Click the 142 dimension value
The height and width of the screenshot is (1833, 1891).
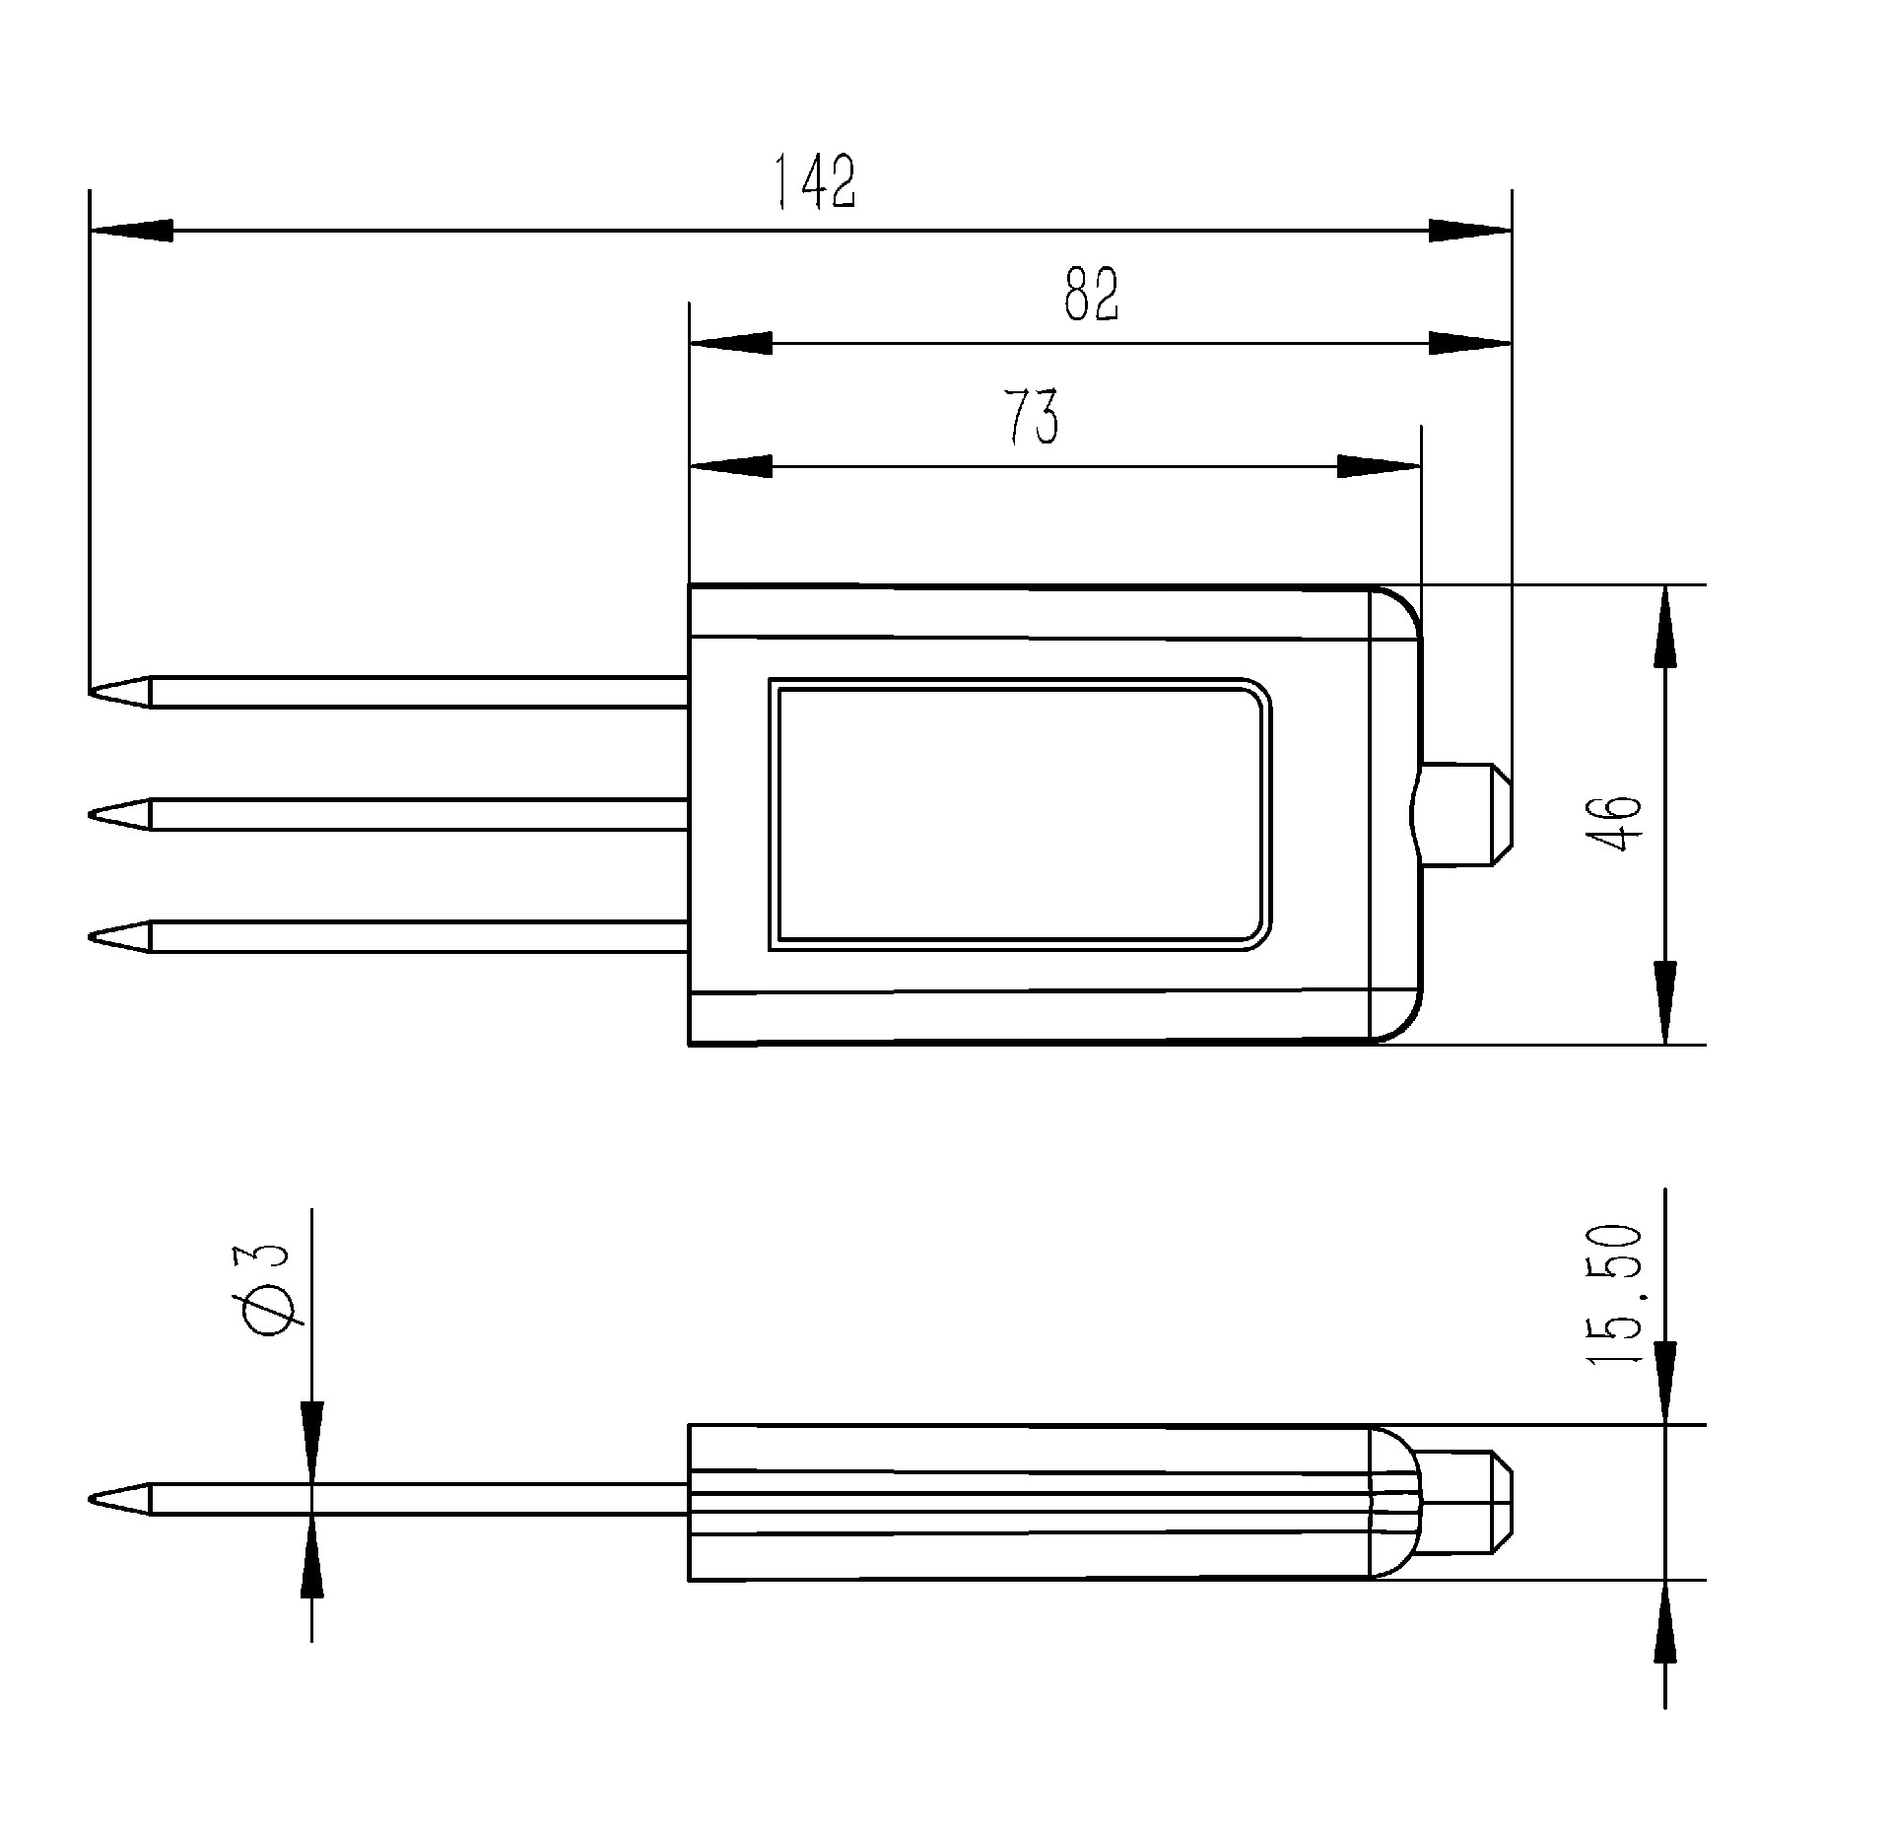[x=813, y=182]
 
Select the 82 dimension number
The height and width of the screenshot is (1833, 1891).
[x=1092, y=294]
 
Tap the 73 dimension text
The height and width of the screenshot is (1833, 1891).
[x=1032, y=417]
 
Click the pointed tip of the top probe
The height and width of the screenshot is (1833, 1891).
[x=90, y=691]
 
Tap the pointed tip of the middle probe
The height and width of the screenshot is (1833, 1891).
[x=90, y=814]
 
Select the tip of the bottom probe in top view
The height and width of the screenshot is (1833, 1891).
[x=90, y=936]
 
